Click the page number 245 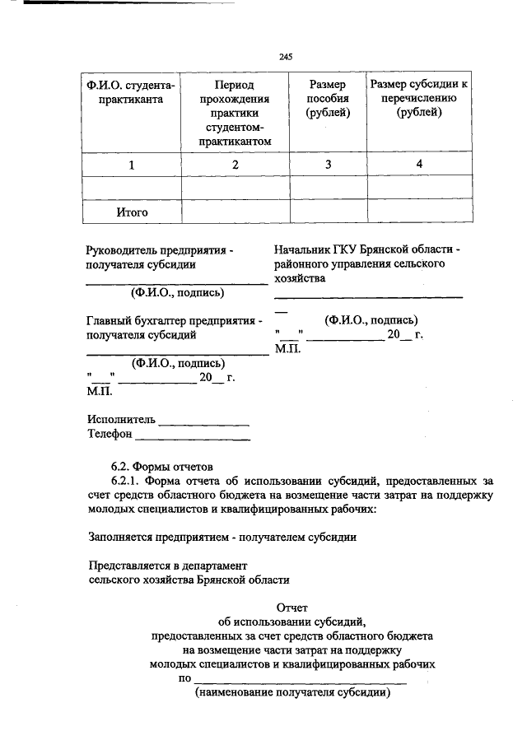(286, 57)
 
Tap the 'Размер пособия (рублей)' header (328, 99)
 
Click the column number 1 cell (131, 165)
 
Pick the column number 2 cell (235, 165)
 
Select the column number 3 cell (328, 165)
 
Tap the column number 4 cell (420, 165)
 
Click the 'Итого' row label (131, 212)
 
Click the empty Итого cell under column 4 (420, 212)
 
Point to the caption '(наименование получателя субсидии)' (291, 693)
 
